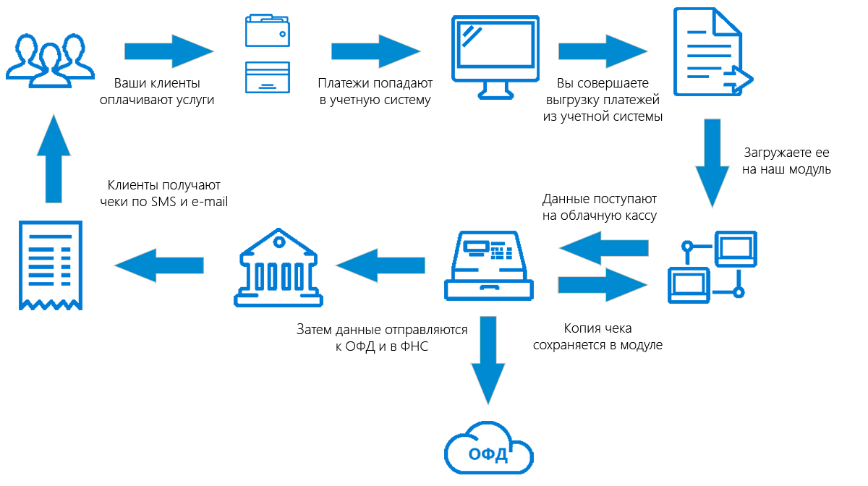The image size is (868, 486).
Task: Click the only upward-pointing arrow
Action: (54, 158)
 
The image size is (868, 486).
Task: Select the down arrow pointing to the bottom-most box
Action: (488, 361)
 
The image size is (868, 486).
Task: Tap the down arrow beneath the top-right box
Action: (712, 163)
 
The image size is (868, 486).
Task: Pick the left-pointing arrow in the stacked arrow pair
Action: (603, 248)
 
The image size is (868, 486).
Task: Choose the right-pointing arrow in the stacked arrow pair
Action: (603, 285)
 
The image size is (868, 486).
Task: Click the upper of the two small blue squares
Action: (268, 30)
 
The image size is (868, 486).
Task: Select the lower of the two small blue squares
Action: (268, 77)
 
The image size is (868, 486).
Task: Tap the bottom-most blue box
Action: (489, 448)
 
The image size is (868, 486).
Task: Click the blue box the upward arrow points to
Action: (50, 61)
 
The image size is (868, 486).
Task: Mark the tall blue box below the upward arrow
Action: (51, 265)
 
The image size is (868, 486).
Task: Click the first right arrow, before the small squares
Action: (170, 51)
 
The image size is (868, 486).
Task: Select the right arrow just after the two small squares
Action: (377, 51)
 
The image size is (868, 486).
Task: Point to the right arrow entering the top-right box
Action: (603, 51)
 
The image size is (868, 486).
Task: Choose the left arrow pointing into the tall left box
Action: (158, 265)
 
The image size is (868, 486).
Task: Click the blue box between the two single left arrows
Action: (278, 268)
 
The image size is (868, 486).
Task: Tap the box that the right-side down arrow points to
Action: (712, 268)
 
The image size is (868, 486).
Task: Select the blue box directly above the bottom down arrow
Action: (489, 265)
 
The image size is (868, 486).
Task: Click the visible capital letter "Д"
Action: (547, 200)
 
